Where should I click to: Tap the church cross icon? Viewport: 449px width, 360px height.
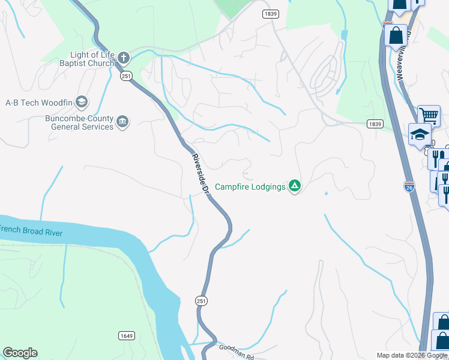coord(124,58)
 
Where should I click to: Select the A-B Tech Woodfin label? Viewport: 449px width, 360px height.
coord(39,103)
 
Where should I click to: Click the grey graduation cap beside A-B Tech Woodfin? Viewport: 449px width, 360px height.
coord(81,102)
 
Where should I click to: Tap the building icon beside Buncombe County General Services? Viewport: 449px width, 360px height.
coord(122,122)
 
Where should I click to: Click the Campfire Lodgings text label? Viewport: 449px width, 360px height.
coord(250,187)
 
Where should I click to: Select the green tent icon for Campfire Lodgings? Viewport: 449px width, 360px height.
coord(294,186)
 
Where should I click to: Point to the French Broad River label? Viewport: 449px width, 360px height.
coord(31,230)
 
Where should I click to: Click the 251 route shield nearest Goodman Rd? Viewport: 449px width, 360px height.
coord(202,301)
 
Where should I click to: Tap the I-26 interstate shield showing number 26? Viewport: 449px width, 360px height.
coord(409,187)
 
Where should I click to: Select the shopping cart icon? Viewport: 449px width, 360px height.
coord(429,115)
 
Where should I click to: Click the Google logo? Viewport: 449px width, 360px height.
coord(20,353)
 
